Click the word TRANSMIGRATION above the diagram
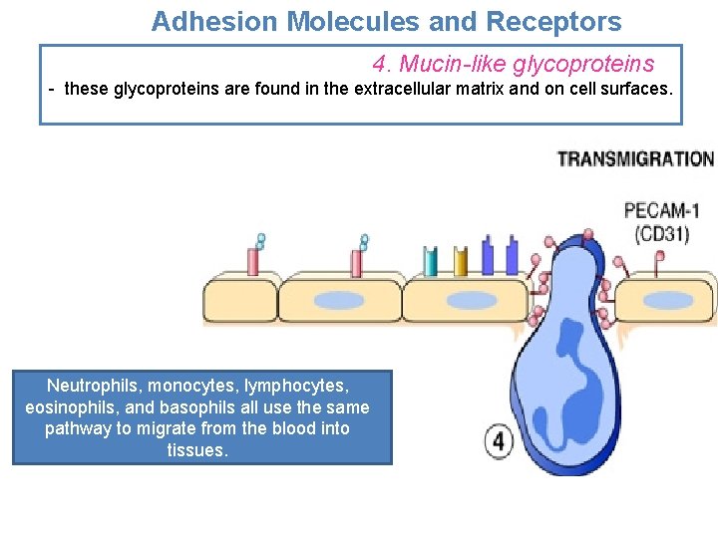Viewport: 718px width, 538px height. (635, 159)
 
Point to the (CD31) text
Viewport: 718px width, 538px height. (666, 235)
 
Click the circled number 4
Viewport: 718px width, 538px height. (498, 441)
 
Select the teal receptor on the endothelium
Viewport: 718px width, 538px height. (431, 261)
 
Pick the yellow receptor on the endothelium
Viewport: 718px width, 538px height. (460, 261)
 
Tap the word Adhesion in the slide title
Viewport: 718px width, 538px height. (203, 22)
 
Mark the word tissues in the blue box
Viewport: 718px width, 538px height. (197, 450)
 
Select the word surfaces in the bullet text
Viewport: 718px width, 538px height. (639, 90)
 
